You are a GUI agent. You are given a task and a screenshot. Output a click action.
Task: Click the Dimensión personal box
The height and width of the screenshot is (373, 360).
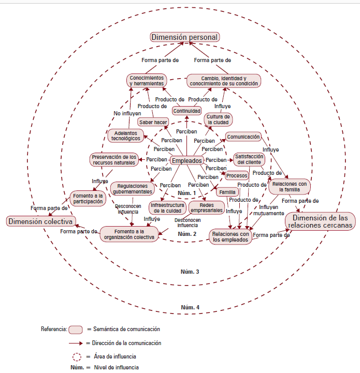click(185, 37)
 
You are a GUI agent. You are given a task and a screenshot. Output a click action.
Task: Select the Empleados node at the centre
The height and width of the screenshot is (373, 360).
click(186, 161)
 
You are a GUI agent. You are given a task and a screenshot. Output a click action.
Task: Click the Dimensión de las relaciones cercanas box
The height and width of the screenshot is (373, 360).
click(320, 221)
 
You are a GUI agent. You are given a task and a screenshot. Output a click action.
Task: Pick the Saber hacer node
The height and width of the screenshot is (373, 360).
click(153, 122)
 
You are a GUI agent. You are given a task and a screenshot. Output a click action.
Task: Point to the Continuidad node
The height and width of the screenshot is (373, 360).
click(186, 110)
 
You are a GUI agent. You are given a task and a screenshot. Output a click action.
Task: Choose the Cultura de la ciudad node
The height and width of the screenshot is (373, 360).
click(218, 120)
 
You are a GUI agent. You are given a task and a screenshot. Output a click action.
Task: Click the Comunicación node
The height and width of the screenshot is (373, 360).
click(243, 137)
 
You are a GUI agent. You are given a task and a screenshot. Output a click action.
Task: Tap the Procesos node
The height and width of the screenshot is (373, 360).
click(237, 175)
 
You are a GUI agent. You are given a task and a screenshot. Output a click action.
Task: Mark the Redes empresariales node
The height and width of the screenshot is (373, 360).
click(206, 207)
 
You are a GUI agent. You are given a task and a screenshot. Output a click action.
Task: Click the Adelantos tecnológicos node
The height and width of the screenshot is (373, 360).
click(125, 136)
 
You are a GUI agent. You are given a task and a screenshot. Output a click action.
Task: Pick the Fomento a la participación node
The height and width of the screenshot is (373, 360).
click(88, 198)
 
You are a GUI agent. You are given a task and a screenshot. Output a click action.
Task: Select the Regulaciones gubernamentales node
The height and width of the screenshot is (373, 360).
click(132, 188)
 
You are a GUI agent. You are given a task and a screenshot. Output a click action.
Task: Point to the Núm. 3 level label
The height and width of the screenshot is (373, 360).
click(187, 272)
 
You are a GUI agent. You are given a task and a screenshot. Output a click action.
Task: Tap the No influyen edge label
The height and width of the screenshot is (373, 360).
click(126, 113)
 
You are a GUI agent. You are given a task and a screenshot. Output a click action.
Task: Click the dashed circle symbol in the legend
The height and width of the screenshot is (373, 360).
click(77, 356)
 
